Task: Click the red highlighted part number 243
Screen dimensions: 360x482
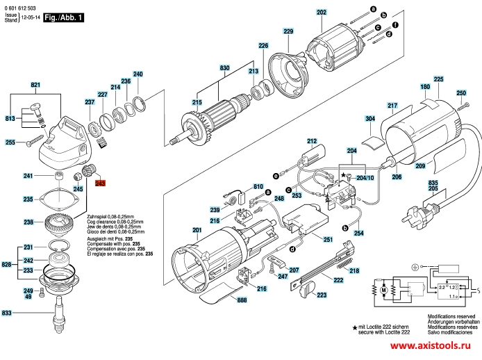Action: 100,183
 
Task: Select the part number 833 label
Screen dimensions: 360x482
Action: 7,313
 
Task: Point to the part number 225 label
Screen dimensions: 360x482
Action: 438,80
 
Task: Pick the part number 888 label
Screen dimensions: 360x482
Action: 241,301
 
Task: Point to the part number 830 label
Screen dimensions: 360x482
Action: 224,67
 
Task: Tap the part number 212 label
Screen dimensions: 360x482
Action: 312,140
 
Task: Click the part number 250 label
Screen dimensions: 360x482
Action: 460,93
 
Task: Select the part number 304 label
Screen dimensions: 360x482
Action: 369,119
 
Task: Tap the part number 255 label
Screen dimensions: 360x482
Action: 10,143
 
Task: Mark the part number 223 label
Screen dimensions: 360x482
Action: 322,295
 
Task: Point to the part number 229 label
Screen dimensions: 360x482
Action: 288,31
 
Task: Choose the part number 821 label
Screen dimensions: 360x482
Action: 36,85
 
